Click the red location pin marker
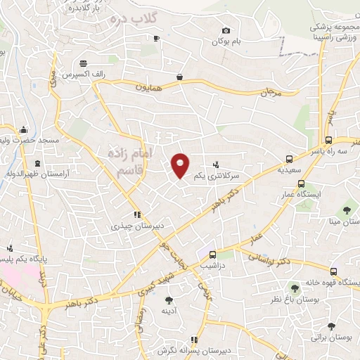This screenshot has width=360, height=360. (181, 166)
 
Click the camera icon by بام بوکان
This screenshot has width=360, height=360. (226, 30)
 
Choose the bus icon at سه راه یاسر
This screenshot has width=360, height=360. (329, 140)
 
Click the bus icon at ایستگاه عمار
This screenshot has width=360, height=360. (302, 184)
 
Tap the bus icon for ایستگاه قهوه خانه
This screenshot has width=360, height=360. (333, 271)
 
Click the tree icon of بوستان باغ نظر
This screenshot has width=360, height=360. (295, 288)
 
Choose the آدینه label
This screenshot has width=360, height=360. (168, 310)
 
